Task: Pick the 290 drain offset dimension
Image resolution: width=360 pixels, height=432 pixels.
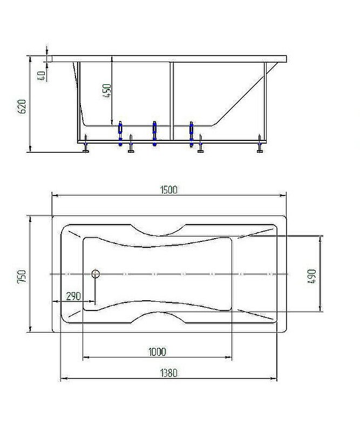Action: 73,296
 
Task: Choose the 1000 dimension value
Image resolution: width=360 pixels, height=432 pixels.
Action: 157,352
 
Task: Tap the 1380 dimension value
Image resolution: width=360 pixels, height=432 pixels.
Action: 168,373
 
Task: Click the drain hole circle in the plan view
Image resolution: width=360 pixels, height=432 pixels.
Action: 96,274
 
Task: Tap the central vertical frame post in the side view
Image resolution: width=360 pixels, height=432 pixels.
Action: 172,100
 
